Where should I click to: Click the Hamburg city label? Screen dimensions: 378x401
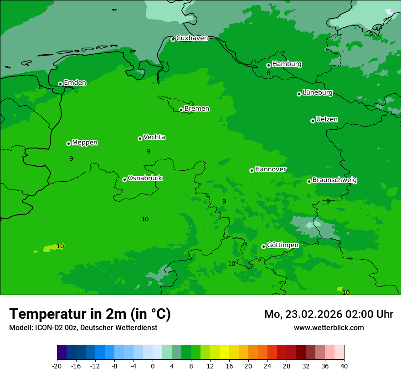(x=287, y=64)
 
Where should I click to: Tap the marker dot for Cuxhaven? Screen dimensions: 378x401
(x=173, y=40)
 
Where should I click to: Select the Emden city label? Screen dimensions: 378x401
(x=75, y=83)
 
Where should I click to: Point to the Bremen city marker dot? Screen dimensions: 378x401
(x=181, y=110)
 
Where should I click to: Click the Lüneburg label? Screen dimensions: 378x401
(x=317, y=93)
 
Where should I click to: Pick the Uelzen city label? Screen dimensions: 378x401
(x=327, y=120)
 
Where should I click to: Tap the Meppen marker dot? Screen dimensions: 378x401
(x=68, y=143)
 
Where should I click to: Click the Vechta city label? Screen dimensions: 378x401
(x=154, y=137)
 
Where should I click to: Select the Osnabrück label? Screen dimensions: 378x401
(x=145, y=179)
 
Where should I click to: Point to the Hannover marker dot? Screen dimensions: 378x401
(x=252, y=171)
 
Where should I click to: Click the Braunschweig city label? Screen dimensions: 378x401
(x=334, y=180)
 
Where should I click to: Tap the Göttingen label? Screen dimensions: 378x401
(x=283, y=245)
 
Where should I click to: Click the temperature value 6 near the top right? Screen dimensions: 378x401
(x=371, y=33)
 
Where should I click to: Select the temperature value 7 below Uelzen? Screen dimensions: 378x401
(x=337, y=128)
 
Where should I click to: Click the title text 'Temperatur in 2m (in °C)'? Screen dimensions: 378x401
(x=90, y=314)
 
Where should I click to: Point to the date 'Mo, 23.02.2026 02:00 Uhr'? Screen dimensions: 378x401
(x=329, y=315)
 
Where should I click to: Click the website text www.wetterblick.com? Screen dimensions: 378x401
(x=329, y=328)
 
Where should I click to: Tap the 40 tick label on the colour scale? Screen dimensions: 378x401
(x=344, y=366)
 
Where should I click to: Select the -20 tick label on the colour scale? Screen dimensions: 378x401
(x=57, y=366)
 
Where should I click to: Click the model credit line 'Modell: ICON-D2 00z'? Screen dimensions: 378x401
(x=83, y=328)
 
